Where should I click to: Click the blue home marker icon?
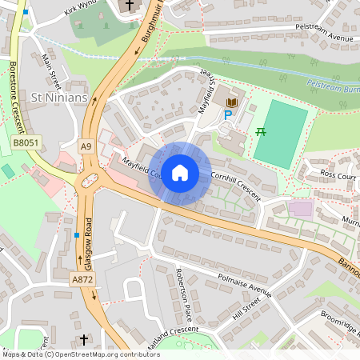click(x=180, y=173)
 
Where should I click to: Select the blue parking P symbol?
click(x=227, y=115)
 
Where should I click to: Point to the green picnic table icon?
click(x=260, y=131)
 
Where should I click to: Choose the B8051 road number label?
click(x=26, y=142)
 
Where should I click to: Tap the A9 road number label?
click(x=86, y=146)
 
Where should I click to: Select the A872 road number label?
click(x=82, y=279)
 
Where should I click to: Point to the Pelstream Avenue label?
click(x=324, y=38)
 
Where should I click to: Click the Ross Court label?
click(x=336, y=173)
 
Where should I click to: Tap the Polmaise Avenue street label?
click(x=245, y=286)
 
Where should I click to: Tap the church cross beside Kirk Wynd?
click(x=130, y=6)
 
